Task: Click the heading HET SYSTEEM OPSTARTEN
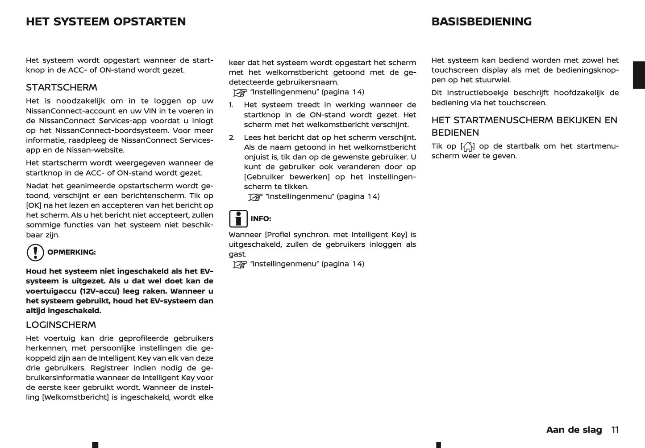click(106, 22)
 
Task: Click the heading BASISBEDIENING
click(481, 22)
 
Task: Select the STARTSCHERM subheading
click(62, 87)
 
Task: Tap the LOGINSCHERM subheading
click(61, 325)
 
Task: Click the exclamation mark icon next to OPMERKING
click(35, 253)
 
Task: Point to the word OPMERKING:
click(71, 253)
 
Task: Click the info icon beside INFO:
click(238, 219)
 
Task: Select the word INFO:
click(261, 219)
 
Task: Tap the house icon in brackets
click(467, 147)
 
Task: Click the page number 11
click(615, 430)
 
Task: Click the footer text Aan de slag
click(574, 430)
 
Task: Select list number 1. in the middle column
click(231, 105)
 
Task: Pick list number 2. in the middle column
click(231, 137)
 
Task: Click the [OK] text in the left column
click(33, 206)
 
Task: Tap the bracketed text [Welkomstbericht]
click(75, 398)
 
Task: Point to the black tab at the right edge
click(639, 75)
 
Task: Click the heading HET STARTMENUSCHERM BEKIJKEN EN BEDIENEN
click(524, 126)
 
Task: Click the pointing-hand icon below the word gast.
click(240, 265)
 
